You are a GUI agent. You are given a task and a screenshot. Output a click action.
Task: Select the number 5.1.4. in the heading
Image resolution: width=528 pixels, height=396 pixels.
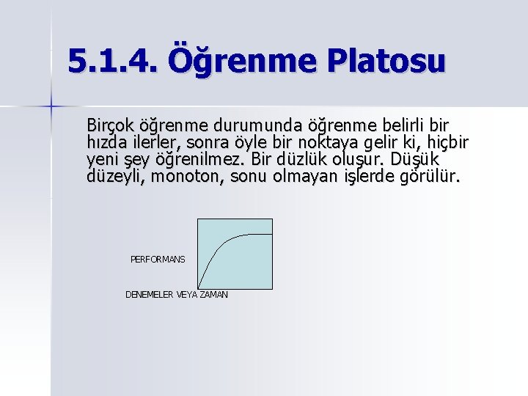point(112,61)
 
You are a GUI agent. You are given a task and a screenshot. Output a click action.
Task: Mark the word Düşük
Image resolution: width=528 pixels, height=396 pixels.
point(414,159)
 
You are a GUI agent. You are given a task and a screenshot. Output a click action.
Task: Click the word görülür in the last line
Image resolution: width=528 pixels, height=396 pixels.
point(427,177)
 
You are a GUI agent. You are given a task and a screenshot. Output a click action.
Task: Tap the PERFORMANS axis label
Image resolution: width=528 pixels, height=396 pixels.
point(158,260)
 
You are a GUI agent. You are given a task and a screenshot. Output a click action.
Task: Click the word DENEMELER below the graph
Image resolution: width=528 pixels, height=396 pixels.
point(150,295)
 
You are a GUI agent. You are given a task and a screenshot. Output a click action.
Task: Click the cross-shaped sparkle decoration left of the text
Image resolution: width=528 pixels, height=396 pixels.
point(51,106)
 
